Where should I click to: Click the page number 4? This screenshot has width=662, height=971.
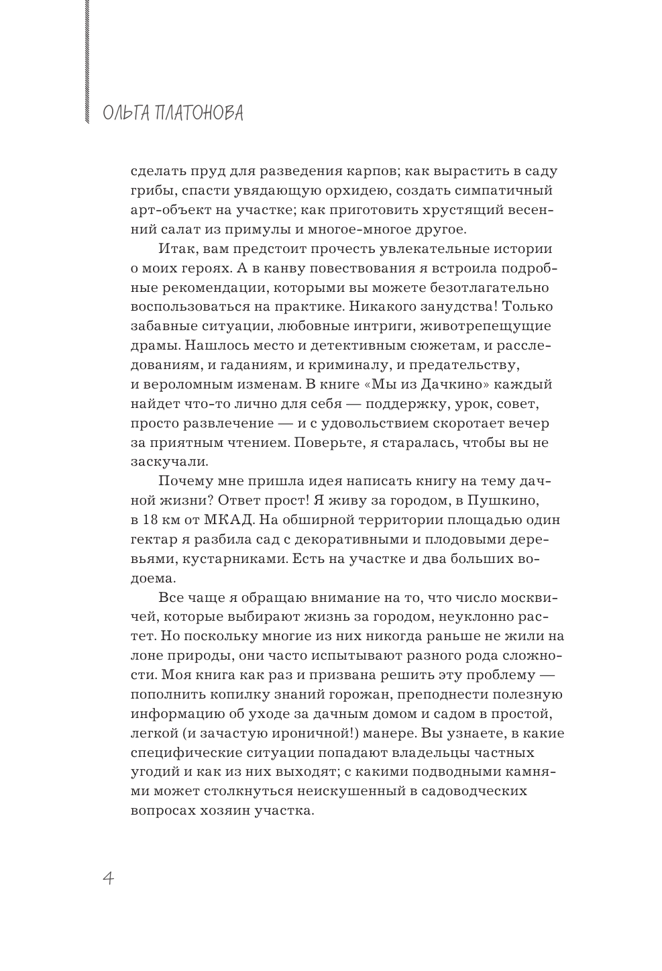click(x=107, y=878)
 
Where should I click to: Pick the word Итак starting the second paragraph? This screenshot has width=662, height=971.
click(x=178, y=249)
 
